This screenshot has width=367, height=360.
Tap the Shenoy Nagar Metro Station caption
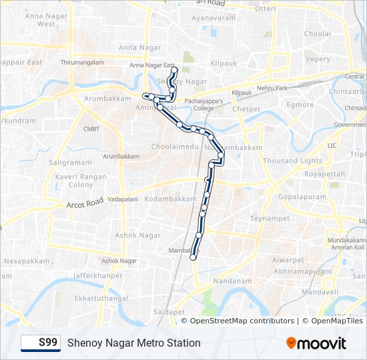133,343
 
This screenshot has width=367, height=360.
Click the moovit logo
316,343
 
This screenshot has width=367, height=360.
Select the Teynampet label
269,218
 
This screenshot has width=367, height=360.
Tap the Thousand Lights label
292,161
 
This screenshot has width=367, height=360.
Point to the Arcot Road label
85,202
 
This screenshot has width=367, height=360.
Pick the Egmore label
300,105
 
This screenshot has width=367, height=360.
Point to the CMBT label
91,129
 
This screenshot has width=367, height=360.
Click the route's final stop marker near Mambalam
194,257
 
